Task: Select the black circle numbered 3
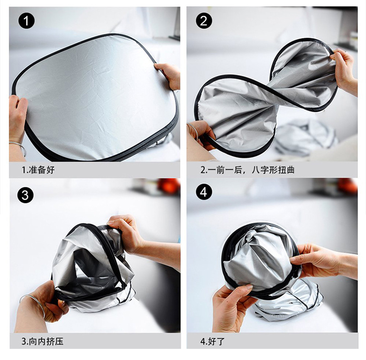click(25, 194)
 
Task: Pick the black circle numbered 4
click(204, 192)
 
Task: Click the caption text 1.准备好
click(38, 170)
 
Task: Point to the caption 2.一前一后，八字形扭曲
click(247, 170)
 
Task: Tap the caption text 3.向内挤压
click(42, 341)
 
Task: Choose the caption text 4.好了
click(212, 341)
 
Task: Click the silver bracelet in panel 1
click(19, 147)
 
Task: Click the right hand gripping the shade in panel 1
click(169, 75)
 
